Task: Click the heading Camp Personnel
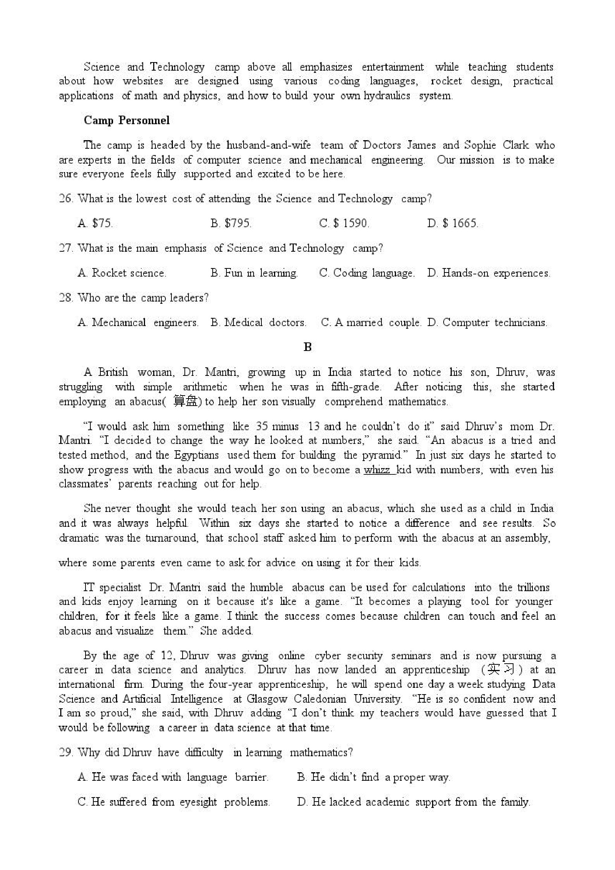pyautogui.click(x=126, y=120)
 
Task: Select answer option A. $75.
pyautogui.click(x=95, y=223)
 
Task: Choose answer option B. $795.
pyautogui.click(x=231, y=223)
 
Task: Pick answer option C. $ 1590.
pyautogui.click(x=344, y=223)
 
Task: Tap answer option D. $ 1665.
pyautogui.click(x=453, y=223)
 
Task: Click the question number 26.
pyautogui.click(x=65, y=199)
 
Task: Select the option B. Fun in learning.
pyautogui.click(x=254, y=273)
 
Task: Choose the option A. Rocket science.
pyautogui.click(x=122, y=273)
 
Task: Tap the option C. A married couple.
pyautogui.click(x=371, y=322)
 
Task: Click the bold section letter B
pyautogui.click(x=307, y=347)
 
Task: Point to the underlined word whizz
pyautogui.click(x=377, y=470)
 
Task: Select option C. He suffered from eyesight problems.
pyautogui.click(x=174, y=802)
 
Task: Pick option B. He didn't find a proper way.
pyautogui.click(x=374, y=777)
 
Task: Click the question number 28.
pyautogui.click(x=65, y=298)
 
